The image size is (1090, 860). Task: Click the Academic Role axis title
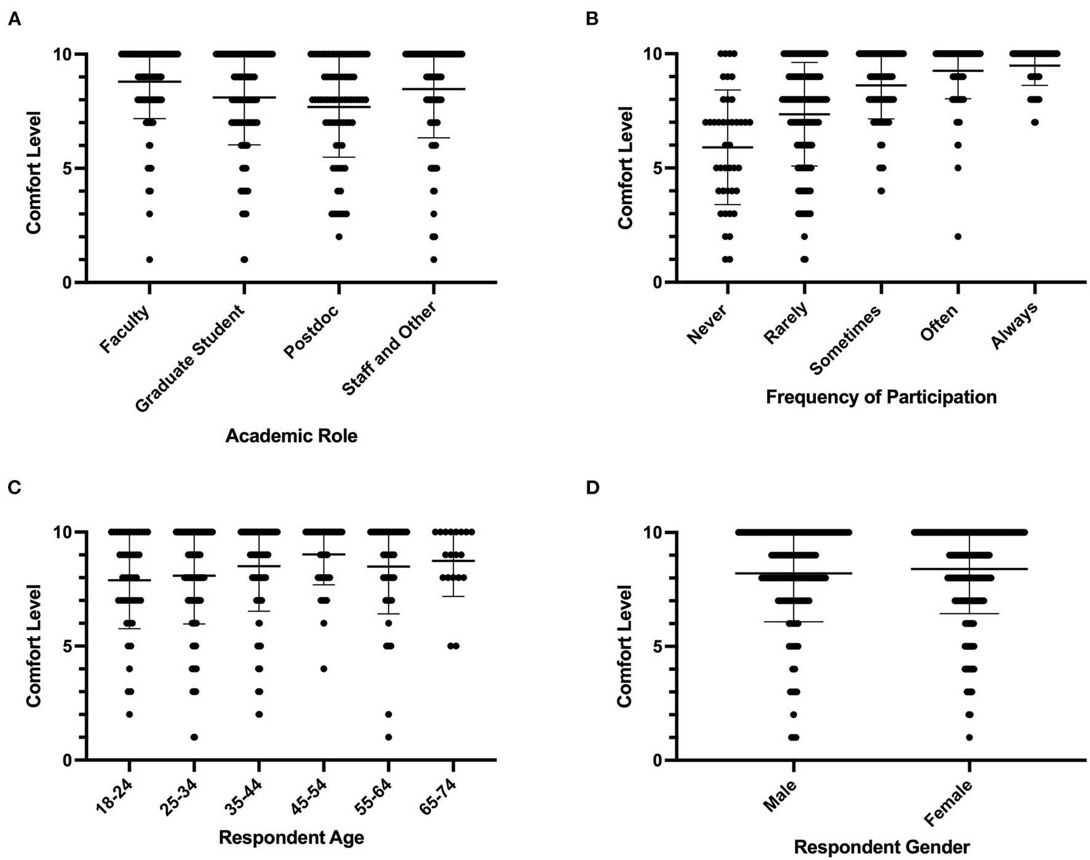(x=291, y=436)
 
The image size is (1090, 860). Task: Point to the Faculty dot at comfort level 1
(x=149, y=259)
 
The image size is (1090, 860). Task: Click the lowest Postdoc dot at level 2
(x=339, y=237)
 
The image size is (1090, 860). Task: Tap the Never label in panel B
(x=707, y=323)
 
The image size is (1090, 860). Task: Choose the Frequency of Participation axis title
(x=881, y=397)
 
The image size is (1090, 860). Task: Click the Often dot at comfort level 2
(x=958, y=237)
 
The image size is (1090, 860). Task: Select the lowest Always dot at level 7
(x=1035, y=122)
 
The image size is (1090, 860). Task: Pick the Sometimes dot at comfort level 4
(x=881, y=191)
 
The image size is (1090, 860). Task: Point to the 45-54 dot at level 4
(x=324, y=669)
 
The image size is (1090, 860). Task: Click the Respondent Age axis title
(x=291, y=837)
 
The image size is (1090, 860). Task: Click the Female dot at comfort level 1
(x=969, y=737)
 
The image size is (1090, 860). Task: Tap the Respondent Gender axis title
(x=881, y=848)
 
